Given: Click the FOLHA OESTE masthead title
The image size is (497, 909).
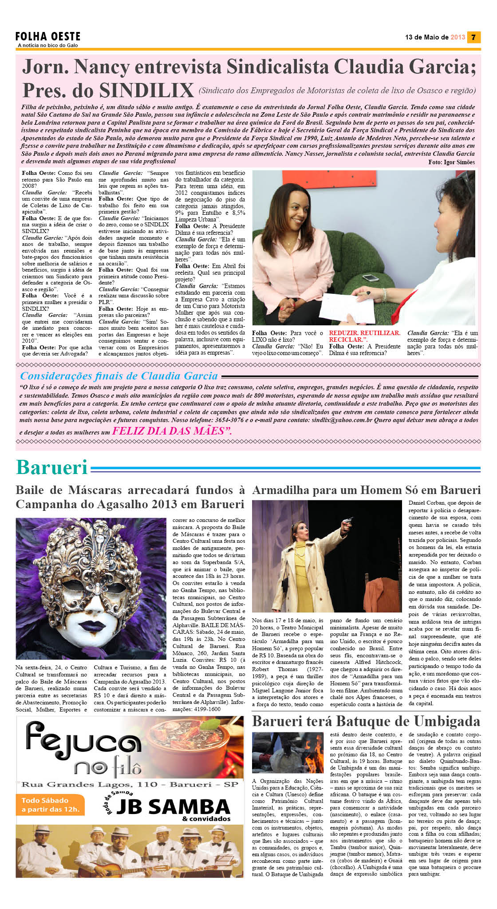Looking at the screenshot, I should point(48,36).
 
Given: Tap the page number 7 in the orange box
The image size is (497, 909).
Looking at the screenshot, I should point(474,37).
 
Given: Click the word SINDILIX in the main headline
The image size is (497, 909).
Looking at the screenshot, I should point(146,91).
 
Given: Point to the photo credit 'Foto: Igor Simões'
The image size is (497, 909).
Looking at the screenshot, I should point(451,162).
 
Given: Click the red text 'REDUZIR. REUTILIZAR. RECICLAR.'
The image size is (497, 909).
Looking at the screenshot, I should point(364,336).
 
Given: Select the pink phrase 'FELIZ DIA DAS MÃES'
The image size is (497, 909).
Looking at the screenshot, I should point(171,431).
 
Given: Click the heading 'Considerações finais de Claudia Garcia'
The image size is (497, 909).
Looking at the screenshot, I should point(119,376).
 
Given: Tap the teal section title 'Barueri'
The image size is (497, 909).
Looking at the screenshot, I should point(52,468).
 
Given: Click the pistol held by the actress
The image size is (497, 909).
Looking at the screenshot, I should point(350,519).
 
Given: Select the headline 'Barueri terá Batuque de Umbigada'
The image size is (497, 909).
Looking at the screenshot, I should point(366,722).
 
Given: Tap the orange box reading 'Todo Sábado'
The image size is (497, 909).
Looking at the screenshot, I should point(51,805).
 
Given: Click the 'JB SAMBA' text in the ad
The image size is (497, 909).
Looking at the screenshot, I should point(173,806).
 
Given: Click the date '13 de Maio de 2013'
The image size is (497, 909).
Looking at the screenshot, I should point(435,37).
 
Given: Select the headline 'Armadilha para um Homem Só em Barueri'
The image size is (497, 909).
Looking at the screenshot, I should point(366,490).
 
